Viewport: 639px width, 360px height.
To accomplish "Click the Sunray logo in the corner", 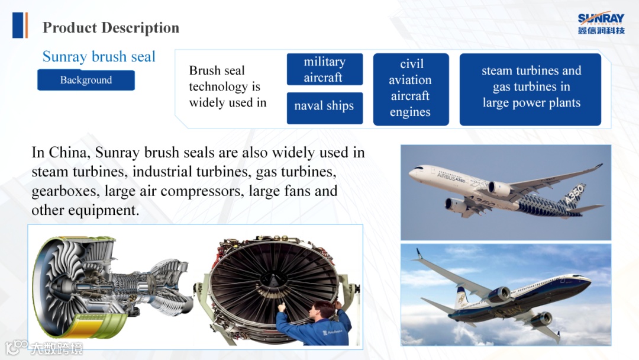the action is [x=601, y=23].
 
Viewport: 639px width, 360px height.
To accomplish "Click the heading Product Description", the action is [x=111, y=28].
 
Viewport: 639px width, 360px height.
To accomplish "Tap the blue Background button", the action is [x=86, y=80].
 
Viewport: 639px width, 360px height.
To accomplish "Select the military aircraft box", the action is [x=324, y=69].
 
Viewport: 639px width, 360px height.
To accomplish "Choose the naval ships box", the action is [x=324, y=108].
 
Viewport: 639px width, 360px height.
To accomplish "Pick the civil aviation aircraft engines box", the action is [x=411, y=89].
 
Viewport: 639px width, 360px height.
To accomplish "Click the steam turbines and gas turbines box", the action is [x=530, y=89].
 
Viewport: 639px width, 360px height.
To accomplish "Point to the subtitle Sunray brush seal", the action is [x=99, y=56].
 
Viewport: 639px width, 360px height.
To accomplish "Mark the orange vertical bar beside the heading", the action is [x=26, y=25].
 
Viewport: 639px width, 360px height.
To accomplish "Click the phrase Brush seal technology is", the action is [x=225, y=78].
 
